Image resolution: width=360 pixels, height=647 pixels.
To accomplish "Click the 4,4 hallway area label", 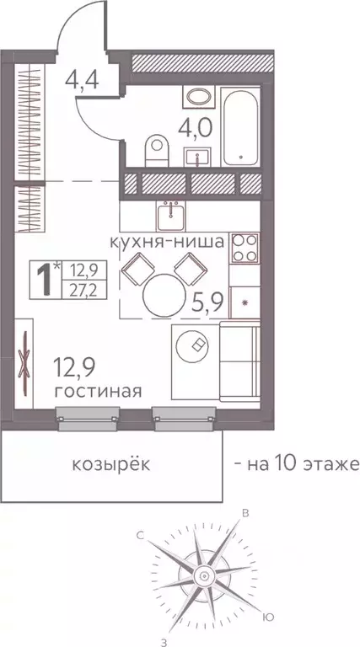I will pos(81,82).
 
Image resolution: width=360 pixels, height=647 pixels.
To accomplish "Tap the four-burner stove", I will pos(244,249).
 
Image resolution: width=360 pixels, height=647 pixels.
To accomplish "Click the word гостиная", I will pos(97,391).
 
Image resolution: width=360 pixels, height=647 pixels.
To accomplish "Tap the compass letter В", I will pos(245,513).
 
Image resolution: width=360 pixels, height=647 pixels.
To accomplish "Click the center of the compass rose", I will pos(202,575).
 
